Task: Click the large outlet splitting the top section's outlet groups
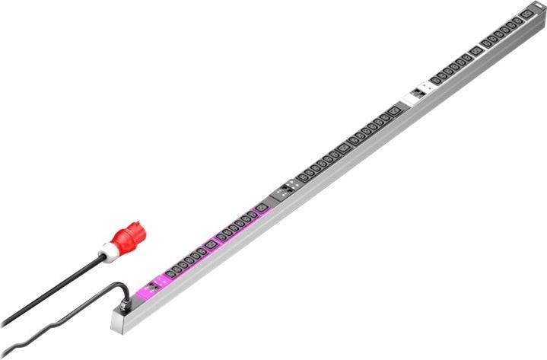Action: coord(475,51)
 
